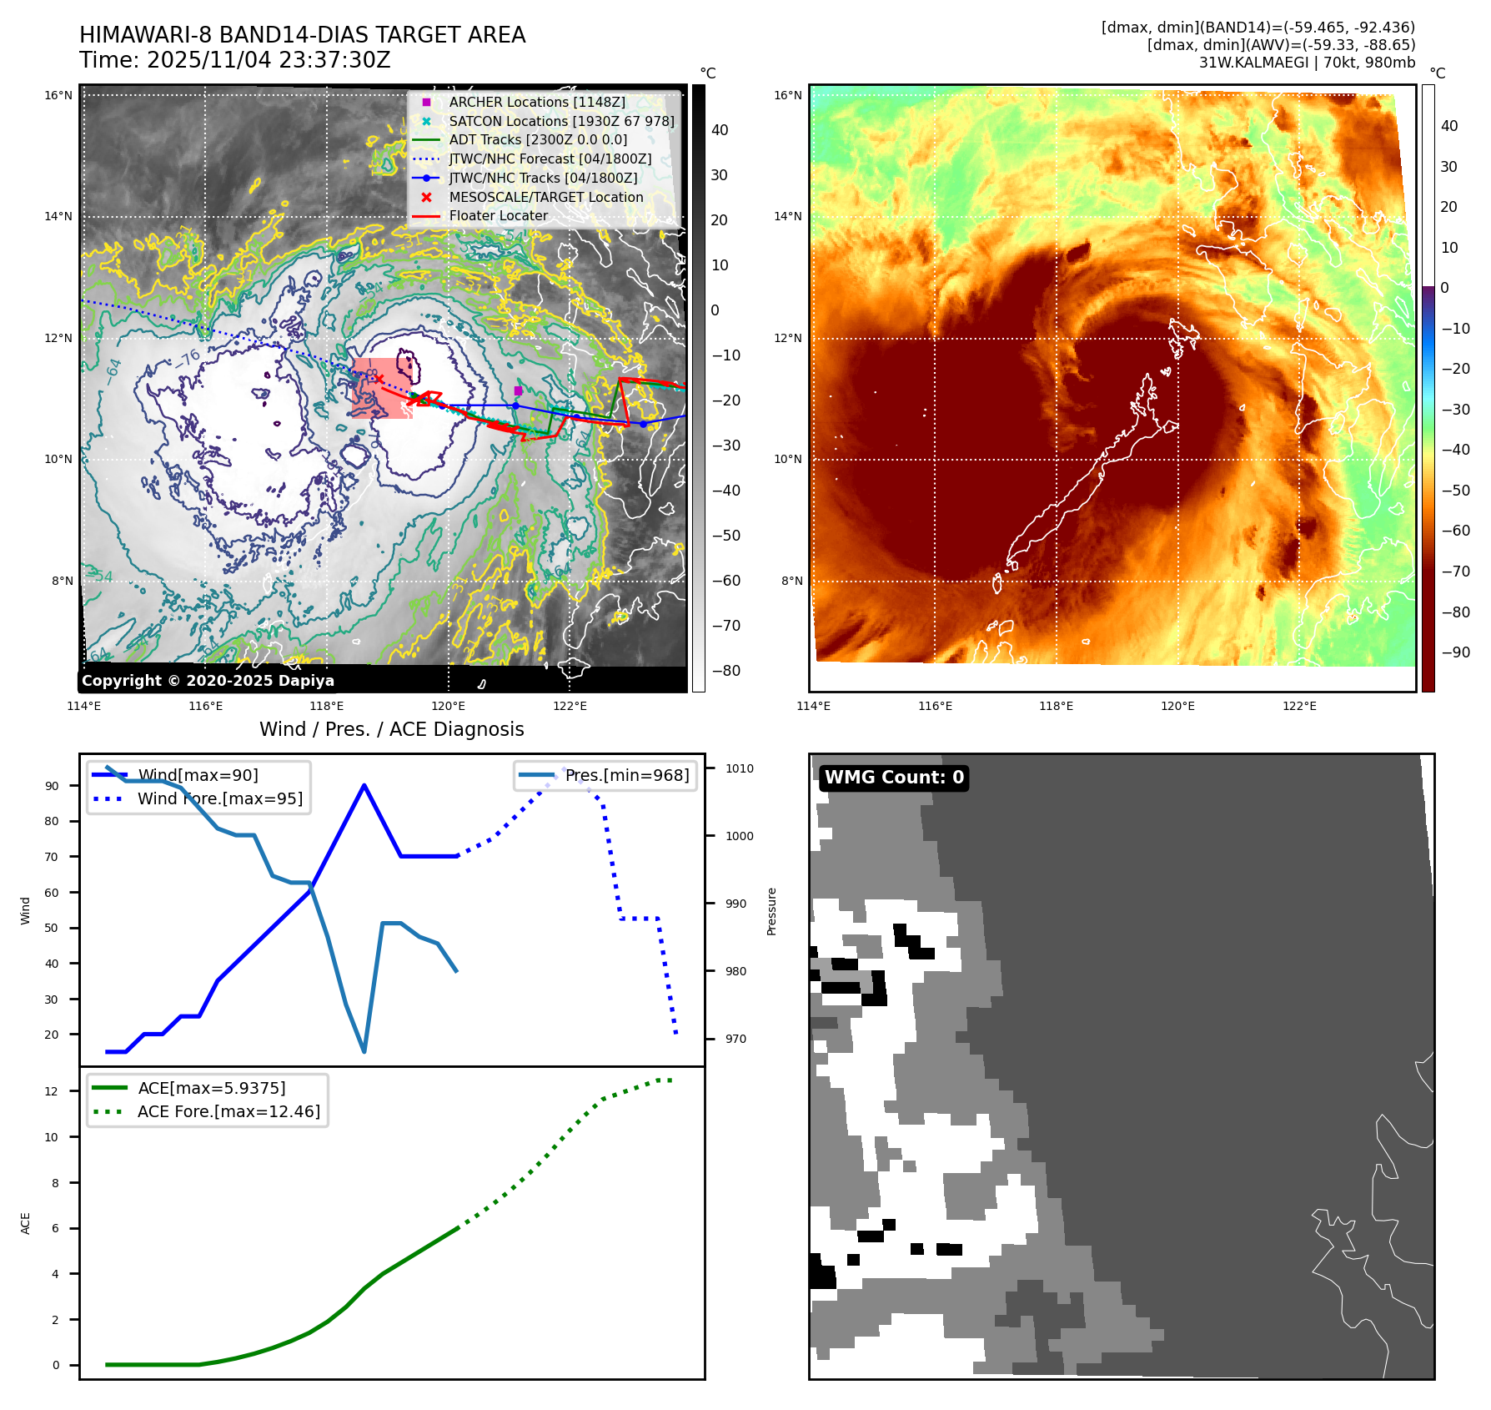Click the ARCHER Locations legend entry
[x=536, y=102]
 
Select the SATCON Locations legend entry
[x=560, y=121]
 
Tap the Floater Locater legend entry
[x=498, y=215]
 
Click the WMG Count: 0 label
[x=894, y=778]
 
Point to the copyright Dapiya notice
[x=208, y=681]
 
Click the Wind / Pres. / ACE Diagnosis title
[x=391, y=729]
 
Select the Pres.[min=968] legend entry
[x=626, y=775]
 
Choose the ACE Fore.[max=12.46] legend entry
[x=228, y=1111]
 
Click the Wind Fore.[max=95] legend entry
[x=220, y=798]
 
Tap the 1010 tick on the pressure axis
[x=739, y=768]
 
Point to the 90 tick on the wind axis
[x=52, y=786]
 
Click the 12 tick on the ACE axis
[x=52, y=1091]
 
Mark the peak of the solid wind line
[x=364, y=785]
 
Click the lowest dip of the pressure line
[x=364, y=1051]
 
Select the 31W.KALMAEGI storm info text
[x=1307, y=63]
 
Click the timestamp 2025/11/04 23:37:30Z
[x=269, y=60]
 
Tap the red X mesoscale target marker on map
[x=379, y=379]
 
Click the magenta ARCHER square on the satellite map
[x=518, y=390]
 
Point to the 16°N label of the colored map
[x=787, y=95]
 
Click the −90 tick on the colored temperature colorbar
[x=1455, y=652]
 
